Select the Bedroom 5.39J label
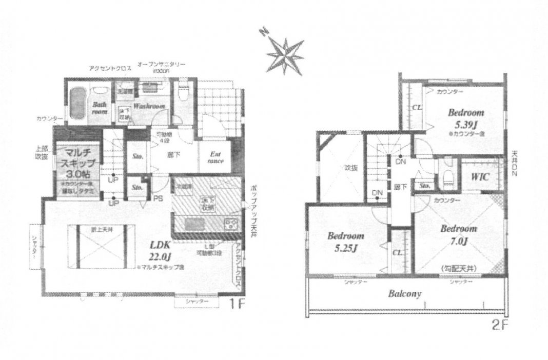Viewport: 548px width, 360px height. tap(466, 117)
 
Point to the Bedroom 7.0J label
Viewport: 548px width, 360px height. tap(459, 234)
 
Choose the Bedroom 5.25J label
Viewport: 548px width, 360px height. tap(346, 242)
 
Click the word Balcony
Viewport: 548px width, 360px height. tap(404, 294)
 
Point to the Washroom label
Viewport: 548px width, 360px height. tap(149, 106)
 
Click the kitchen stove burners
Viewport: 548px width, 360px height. tap(230, 224)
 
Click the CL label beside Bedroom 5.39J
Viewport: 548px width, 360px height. tap(417, 108)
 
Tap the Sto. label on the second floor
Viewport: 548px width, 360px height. tap(424, 186)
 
